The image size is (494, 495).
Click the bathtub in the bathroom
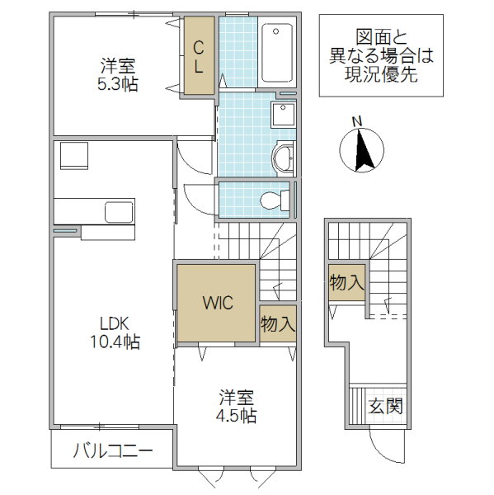(x=277, y=53)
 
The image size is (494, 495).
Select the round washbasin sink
(x=283, y=158)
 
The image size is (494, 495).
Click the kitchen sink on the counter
(x=119, y=211)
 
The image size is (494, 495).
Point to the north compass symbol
(x=362, y=150)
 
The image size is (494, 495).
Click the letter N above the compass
(x=357, y=122)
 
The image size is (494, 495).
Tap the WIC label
(x=218, y=303)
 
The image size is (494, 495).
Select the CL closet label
(x=199, y=58)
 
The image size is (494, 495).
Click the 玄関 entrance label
(x=386, y=406)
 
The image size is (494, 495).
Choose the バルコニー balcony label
(x=113, y=450)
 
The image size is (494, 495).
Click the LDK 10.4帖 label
(x=115, y=332)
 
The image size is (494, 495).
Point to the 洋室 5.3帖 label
(x=118, y=75)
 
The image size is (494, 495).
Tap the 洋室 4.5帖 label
(x=236, y=406)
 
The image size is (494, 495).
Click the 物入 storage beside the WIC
(x=278, y=323)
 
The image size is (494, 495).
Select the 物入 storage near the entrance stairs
(x=347, y=282)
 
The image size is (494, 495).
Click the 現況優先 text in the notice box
(x=381, y=74)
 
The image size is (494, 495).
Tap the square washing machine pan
(x=283, y=115)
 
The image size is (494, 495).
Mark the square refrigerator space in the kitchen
(x=74, y=155)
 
